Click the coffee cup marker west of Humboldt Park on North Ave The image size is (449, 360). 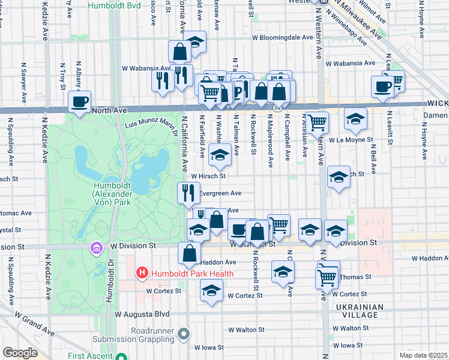[79, 102]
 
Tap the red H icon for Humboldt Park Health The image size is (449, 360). [142, 274]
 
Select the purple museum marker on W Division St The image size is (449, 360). [95, 247]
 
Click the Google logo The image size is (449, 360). [20, 353]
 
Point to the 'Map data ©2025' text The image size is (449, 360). [423, 355]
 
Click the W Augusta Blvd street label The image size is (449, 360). [143, 314]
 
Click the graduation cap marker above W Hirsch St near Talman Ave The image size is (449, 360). [220, 155]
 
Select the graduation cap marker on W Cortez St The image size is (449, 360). [211, 291]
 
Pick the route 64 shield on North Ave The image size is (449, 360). [278, 107]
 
